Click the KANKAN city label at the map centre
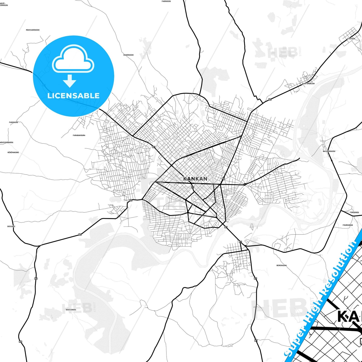click(195, 179)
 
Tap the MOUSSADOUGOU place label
click(33, 30)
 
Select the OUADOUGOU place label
click(129, 55)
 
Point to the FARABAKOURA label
click(79, 135)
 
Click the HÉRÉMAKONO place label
click(13, 152)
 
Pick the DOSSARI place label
click(11, 226)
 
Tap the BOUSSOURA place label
click(71, 310)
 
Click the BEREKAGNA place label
click(282, 265)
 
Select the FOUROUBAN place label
click(348, 225)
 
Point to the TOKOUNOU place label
click(354, 212)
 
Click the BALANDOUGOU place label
click(329, 151)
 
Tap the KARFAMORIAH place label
click(308, 83)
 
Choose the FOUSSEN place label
click(351, 39)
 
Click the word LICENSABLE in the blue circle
click(73, 96)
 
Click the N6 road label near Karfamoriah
click(270, 99)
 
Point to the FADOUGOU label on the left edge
click(14, 122)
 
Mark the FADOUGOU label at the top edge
click(166, 1)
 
